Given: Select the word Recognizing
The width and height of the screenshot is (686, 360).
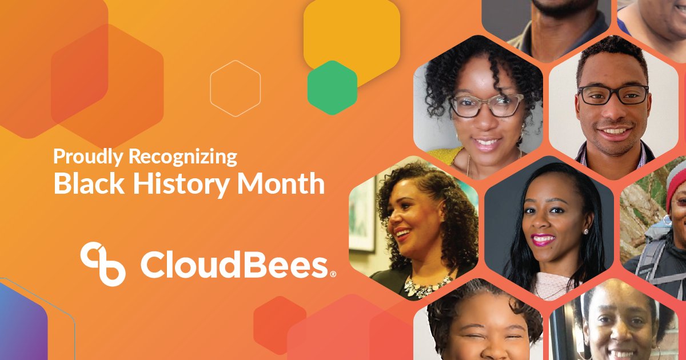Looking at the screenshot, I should click(182, 157).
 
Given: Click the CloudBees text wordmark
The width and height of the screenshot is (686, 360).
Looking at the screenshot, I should click(234, 265).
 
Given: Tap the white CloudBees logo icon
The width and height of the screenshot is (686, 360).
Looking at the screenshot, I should click(103, 263).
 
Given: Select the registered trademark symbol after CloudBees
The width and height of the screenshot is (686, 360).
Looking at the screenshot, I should click(333, 275).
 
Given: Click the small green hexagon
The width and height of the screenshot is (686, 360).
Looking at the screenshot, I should click(332, 87).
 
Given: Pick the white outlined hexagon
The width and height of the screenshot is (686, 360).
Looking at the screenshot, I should click(236, 89).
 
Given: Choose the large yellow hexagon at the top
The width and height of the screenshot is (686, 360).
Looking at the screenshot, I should click(351, 34).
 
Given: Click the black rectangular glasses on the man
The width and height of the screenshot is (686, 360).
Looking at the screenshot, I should click(613, 95).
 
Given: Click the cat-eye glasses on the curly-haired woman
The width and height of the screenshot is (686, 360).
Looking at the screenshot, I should click(486, 106).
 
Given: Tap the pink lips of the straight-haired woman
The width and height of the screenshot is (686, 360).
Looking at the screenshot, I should click(543, 238).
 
